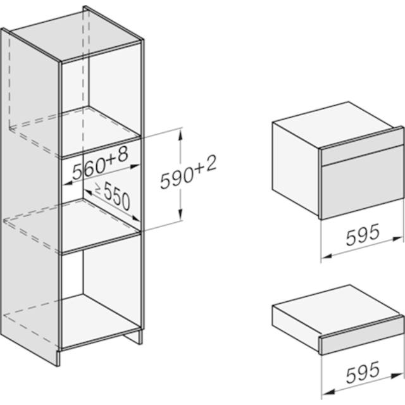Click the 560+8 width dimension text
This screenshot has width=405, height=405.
[x=100, y=164]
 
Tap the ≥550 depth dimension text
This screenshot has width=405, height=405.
[x=113, y=196]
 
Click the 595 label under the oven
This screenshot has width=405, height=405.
[x=363, y=235]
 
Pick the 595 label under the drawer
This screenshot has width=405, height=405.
[x=363, y=372]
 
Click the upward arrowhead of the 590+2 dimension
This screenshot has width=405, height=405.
[x=180, y=134]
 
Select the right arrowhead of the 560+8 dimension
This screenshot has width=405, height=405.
[x=135, y=166]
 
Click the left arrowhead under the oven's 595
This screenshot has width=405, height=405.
[x=327, y=256]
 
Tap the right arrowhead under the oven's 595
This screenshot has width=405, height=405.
[x=397, y=239]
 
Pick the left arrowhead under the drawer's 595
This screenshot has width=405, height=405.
[x=327, y=392]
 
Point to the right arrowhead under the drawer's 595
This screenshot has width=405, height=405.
[x=397, y=376]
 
